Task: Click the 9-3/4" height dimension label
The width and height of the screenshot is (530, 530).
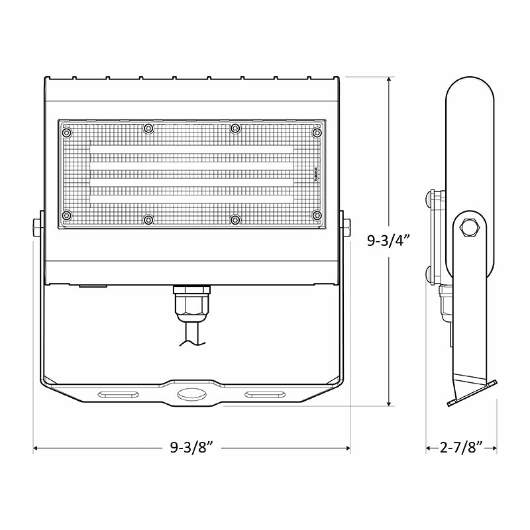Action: [x=389, y=240]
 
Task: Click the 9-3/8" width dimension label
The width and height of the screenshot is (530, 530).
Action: [x=191, y=449]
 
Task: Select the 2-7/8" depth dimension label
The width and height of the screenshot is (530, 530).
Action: [x=461, y=449]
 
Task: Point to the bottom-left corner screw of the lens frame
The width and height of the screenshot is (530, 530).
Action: [x=66, y=216]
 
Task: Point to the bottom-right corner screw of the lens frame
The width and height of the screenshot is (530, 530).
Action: [x=317, y=216]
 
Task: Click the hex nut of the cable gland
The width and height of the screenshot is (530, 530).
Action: [x=191, y=305]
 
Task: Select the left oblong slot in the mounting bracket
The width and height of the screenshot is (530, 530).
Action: [x=118, y=395]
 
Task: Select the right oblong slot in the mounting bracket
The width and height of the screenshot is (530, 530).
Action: [x=264, y=395]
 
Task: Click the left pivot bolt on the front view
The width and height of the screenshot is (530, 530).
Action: [x=36, y=226]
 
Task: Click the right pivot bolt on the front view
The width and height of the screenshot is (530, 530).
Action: [x=346, y=226]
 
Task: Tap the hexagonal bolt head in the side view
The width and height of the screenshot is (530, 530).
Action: [x=470, y=227]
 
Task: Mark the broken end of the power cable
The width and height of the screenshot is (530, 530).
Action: [x=191, y=343]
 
